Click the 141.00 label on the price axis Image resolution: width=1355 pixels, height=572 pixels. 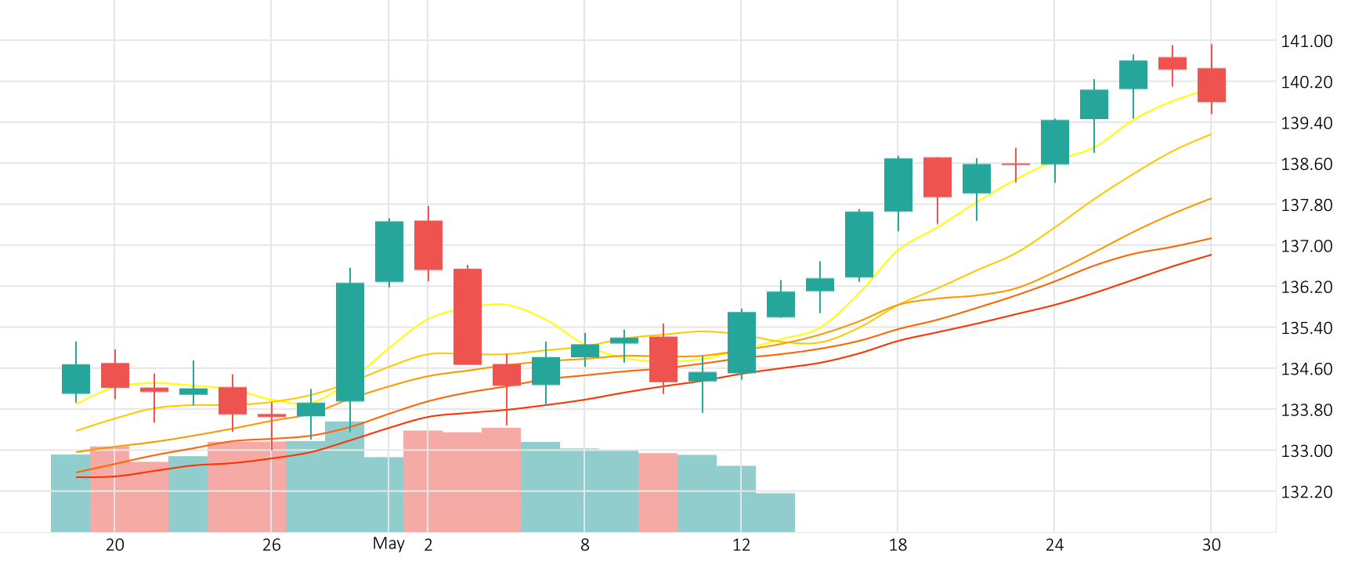pos(1306,41)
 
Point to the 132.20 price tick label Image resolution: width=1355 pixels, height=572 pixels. pos(1306,492)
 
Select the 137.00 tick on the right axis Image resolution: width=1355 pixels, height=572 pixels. pos(1306,246)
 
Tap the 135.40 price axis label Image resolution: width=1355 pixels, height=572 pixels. pos(1306,328)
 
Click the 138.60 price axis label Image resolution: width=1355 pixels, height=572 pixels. pos(1306,164)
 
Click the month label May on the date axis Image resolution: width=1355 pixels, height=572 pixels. pos(388,545)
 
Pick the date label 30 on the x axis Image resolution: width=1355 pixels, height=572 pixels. pos(1211,545)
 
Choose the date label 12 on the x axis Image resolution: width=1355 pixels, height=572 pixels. pos(741,545)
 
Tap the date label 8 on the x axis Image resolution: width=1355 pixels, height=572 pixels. pos(584,545)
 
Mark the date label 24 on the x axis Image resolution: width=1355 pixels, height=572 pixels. pos(1054,545)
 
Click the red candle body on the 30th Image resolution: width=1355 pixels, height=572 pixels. pos(1211,85)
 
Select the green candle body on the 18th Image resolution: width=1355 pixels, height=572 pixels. pos(898,185)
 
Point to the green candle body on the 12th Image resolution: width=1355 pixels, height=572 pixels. pos(741,342)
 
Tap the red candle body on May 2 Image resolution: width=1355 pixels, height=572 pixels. pos(428,245)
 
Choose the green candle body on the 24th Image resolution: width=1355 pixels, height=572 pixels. pos(1054,142)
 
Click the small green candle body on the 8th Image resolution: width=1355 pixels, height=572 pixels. pos(584,351)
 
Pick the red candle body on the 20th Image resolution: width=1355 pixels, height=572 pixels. pos(114,375)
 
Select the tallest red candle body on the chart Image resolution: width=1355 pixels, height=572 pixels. pos(467,317)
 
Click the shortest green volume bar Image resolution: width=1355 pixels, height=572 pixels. pos(775,512)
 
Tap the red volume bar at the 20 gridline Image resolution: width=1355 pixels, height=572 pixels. pos(110,489)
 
